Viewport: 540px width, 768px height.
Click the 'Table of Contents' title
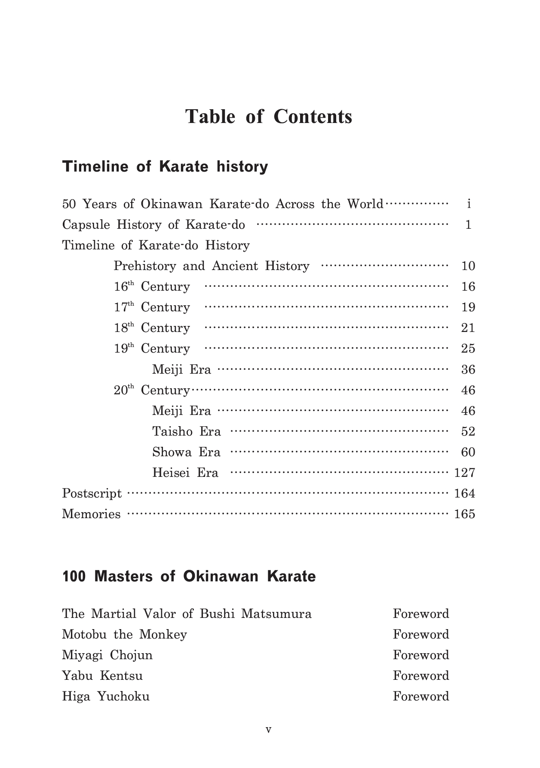click(x=269, y=117)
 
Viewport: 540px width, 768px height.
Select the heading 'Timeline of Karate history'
click(x=165, y=167)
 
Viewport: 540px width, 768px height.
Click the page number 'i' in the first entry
click(x=469, y=204)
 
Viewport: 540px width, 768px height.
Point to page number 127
click(x=464, y=473)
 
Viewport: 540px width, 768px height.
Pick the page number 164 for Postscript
click(x=464, y=494)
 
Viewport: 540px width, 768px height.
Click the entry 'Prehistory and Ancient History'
click(x=212, y=266)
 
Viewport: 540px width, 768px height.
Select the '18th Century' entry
click(x=152, y=328)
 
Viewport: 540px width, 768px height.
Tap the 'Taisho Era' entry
click(x=186, y=431)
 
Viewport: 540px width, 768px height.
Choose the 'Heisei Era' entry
click(x=185, y=473)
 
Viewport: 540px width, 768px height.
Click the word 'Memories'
click(x=92, y=514)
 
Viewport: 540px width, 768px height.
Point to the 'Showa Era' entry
click(x=186, y=452)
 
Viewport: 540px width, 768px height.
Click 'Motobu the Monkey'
click(x=125, y=635)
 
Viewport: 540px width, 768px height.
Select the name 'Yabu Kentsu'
click(x=102, y=676)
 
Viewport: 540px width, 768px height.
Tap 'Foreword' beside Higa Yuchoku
click(x=421, y=697)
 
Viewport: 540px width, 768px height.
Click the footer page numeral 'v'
click(x=269, y=729)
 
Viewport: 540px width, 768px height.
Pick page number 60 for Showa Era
click(x=468, y=452)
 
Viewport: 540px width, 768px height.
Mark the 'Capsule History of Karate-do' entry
click(x=153, y=225)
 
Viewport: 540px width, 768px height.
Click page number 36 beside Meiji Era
click(x=468, y=370)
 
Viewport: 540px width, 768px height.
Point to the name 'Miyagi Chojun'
click(x=107, y=655)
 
